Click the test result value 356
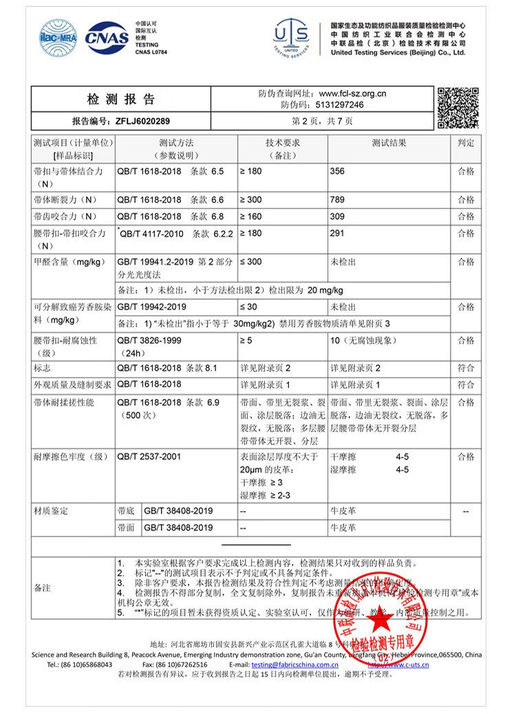[x=338, y=171]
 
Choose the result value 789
[x=338, y=199]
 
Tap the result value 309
[x=338, y=217]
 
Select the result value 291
[x=338, y=233]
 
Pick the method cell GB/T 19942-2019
[x=152, y=306]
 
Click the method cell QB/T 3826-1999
[x=149, y=340]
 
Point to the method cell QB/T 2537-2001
[x=149, y=456]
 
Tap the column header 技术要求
[x=283, y=143]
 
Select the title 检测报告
[x=121, y=99]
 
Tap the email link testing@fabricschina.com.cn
[x=294, y=665]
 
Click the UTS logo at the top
[x=292, y=37]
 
